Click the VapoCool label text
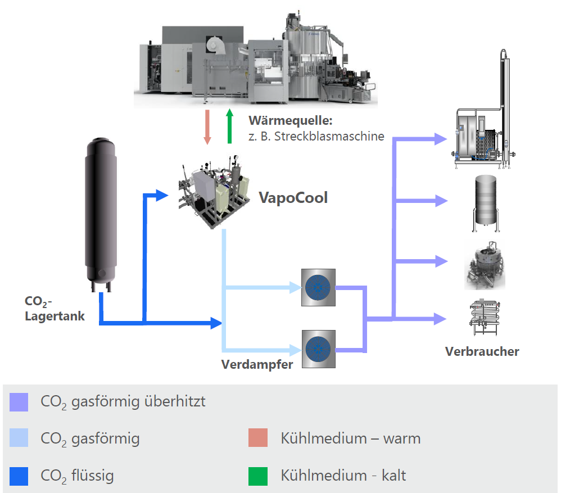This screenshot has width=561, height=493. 293,198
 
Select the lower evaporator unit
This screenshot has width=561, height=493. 318,349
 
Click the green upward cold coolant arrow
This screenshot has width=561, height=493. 229,127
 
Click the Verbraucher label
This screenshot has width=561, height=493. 482,351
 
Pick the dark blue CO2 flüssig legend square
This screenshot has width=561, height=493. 19,476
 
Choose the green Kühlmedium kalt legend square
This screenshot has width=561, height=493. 257,476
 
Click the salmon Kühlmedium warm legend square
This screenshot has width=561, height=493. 257,438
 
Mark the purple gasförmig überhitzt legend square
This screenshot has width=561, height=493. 19,402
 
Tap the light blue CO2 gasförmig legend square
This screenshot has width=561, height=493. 19,438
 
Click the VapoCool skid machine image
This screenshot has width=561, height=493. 214,194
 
